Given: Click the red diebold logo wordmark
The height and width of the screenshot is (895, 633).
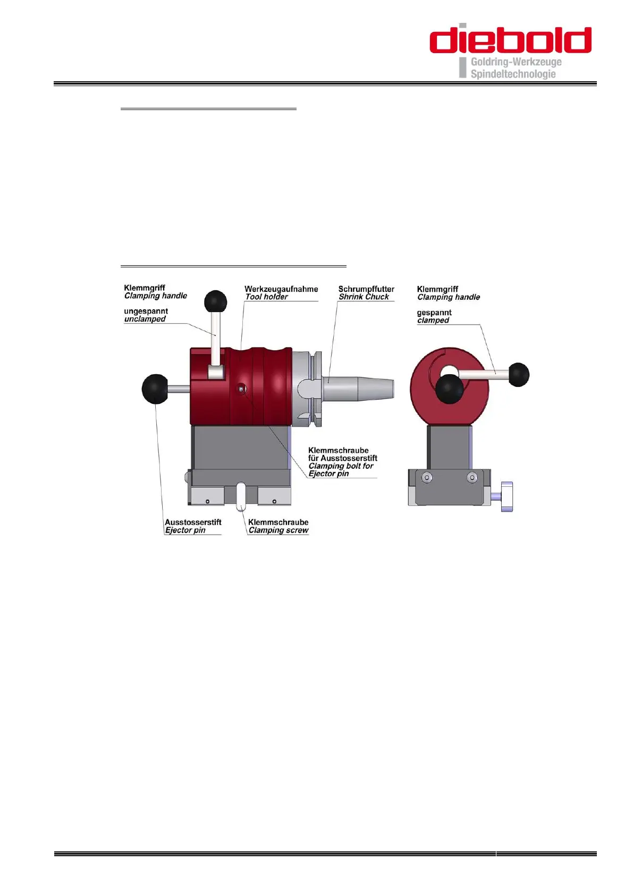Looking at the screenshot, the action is pyautogui.click(x=510, y=39).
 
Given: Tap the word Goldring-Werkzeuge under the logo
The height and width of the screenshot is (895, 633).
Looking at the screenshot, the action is pyautogui.click(x=516, y=62).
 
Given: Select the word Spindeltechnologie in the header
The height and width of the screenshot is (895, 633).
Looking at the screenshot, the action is pyautogui.click(x=513, y=74).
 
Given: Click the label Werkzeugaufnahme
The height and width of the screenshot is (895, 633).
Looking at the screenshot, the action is pyautogui.click(x=281, y=289).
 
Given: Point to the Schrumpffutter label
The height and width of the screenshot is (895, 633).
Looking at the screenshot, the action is pyautogui.click(x=366, y=289).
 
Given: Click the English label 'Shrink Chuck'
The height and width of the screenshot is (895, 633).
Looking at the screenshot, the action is pyautogui.click(x=364, y=297).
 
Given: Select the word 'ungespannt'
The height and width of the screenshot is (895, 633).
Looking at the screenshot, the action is pyautogui.click(x=146, y=311).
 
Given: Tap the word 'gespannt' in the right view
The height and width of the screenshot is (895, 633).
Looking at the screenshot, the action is pyautogui.click(x=434, y=313).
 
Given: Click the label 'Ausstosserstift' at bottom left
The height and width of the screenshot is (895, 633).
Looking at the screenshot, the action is pyautogui.click(x=193, y=522).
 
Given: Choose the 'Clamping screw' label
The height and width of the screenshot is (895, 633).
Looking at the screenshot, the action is pyautogui.click(x=278, y=530).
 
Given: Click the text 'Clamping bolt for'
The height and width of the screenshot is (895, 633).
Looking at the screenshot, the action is pyautogui.click(x=341, y=466).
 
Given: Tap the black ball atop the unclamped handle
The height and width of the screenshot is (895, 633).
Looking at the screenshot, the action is pyautogui.click(x=215, y=301).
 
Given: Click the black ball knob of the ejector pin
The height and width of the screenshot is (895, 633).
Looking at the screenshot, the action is pyautogui.click(x=155, y=389).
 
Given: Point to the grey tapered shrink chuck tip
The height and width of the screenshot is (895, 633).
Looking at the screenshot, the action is pyautogui.click(x=375, y=389).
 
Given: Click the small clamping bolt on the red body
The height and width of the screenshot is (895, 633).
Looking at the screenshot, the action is pyautogui.click(x=242, y=390).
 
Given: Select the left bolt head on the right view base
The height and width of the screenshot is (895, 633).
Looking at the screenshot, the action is pyautogui.click(x=427, y=478).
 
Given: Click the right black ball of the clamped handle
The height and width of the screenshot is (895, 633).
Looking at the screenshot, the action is pyautogui.click(x=518, y=374).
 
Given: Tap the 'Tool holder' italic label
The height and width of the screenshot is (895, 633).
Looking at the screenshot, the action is pyautogui.click(x=266, y=297).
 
